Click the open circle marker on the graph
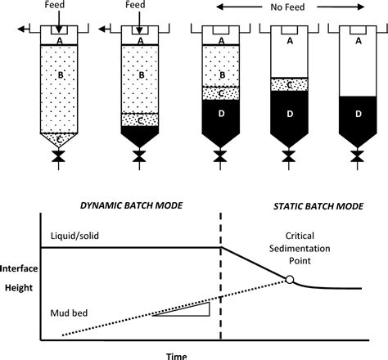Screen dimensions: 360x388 [290, 280]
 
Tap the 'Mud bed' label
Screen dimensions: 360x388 [64, 313]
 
